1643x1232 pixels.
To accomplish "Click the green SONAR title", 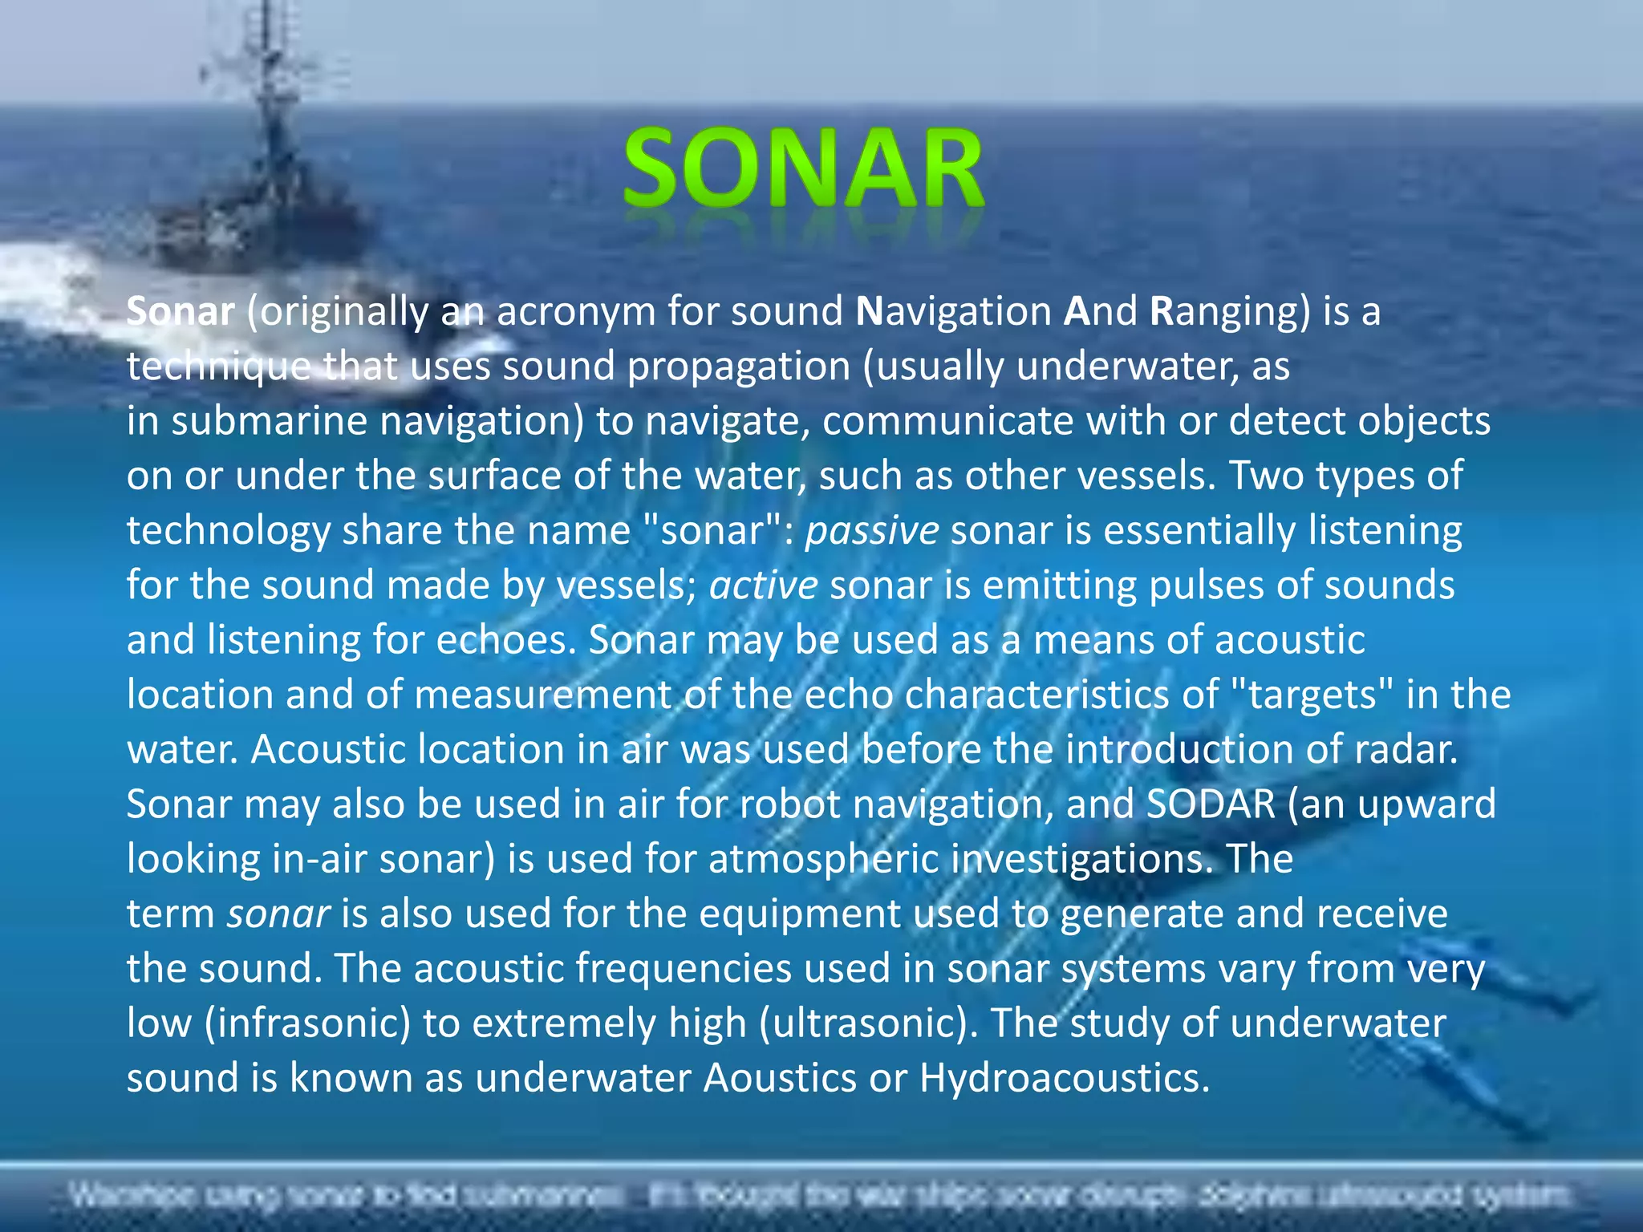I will [x=803, y=170].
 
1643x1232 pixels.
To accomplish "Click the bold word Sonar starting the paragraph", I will [x=181, y=311].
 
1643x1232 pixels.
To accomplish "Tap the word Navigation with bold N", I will [x=954, y=311].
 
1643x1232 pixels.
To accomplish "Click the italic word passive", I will [x=872, y=531].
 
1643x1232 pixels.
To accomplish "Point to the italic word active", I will [x=763, y=586].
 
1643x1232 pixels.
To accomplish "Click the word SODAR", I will [x=1211, y=804].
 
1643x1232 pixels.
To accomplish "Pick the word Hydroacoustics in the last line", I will [x=1064, y=1078].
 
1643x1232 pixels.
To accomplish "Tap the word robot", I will [x=789, y=804].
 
